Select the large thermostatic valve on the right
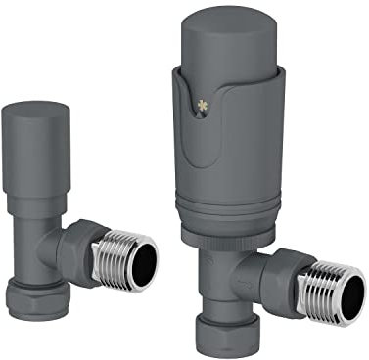(250, 186)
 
